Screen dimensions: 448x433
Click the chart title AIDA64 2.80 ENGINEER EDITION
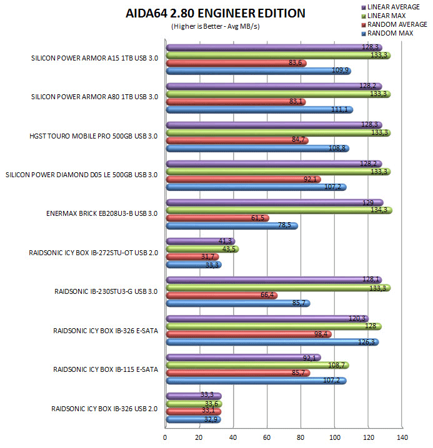(216, 14)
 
